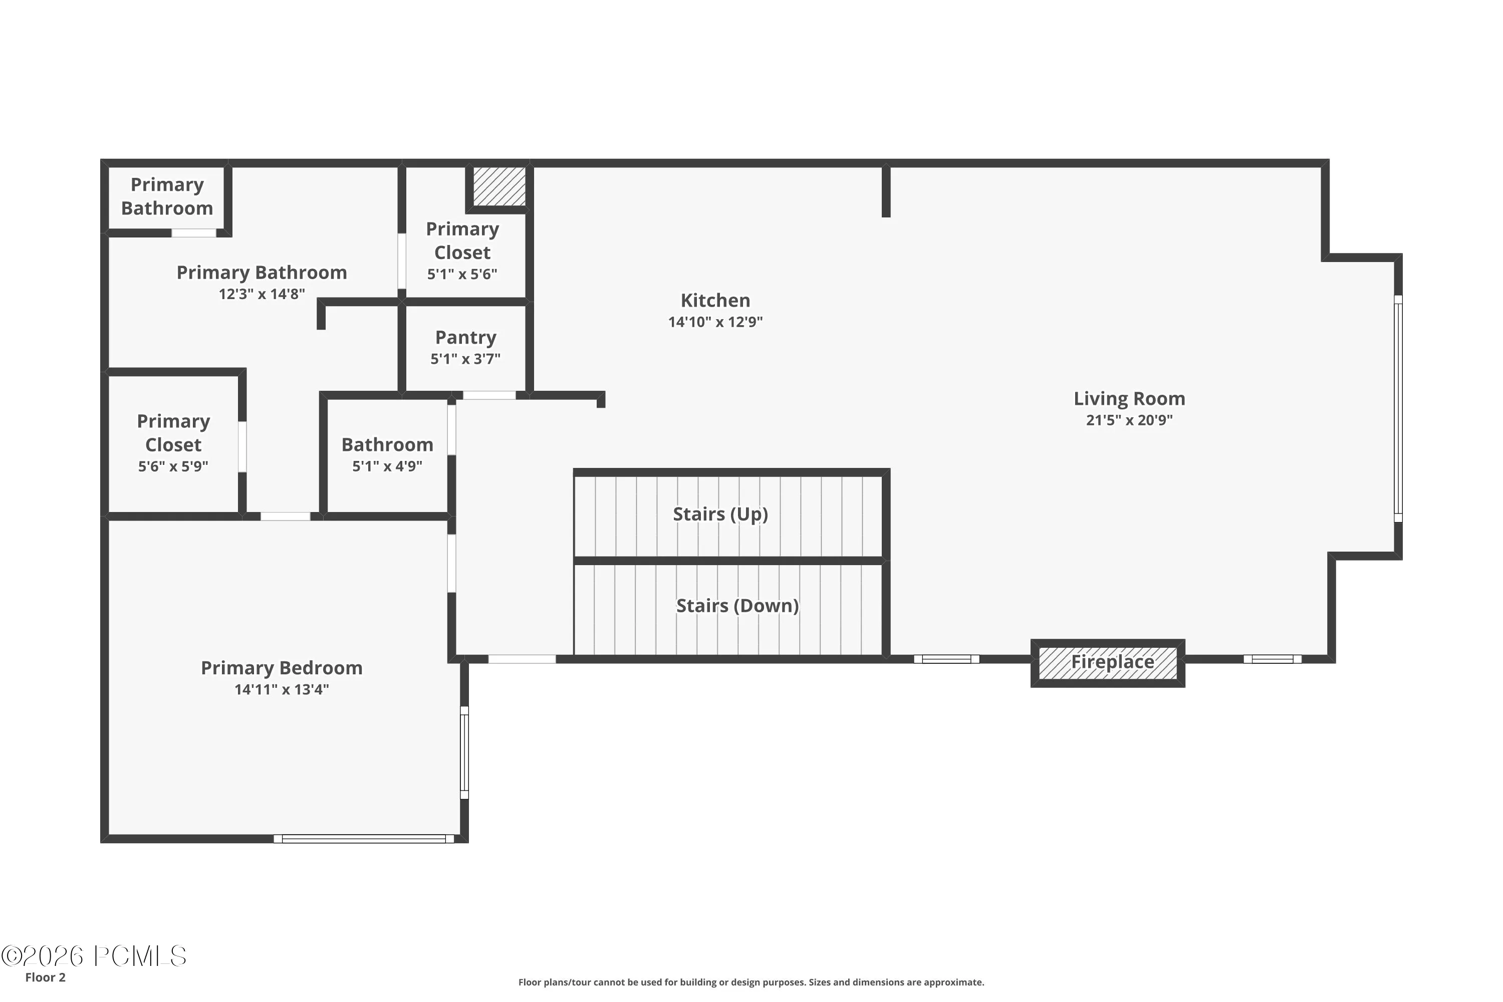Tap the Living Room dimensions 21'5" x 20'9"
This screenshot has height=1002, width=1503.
pos(1129,420)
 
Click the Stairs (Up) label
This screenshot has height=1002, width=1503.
pos(720,514)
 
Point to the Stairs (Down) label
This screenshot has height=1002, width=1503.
pos(737,605)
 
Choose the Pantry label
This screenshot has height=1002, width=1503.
pos(465,337)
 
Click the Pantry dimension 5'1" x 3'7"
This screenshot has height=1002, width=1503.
pos(465,359)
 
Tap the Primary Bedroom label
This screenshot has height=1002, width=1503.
pos(282,668)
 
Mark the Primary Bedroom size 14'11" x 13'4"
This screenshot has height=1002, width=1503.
pos(282,689)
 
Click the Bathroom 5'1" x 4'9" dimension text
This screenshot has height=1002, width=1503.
pos(387,466)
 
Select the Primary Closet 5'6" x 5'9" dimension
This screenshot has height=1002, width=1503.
pos(173,466)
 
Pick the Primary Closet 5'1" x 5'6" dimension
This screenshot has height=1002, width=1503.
pos(462,274)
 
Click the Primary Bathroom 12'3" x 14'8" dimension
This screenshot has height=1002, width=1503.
pos(262,294)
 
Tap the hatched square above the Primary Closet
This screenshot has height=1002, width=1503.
pos(499,186)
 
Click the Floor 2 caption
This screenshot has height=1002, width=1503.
pos(46,977)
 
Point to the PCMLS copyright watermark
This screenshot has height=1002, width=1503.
pos(94,956)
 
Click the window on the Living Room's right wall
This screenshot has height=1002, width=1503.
pos(1398,408)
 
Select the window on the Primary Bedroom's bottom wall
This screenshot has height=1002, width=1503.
pos(364,838)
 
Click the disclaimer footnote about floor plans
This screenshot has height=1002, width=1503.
pos(751,982)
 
